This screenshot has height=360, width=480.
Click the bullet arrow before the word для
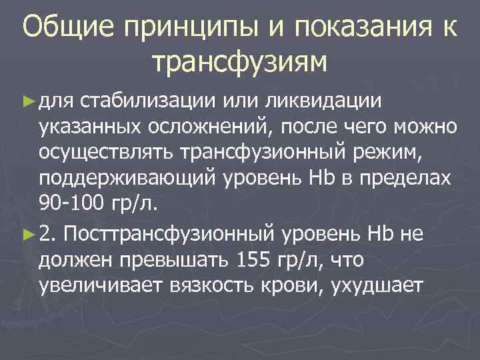coord(27,101)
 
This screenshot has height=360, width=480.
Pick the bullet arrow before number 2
coord(27,234)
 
